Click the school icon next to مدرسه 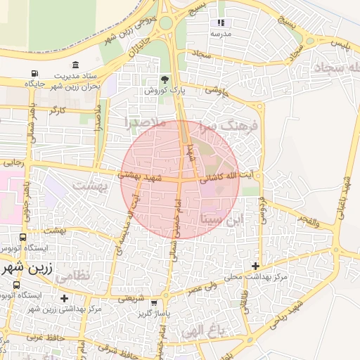(221, 23)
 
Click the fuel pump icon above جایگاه (34, 73)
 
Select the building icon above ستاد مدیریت (75, 65)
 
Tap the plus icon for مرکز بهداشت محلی (256, 266)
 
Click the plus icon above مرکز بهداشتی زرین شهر (65, 298)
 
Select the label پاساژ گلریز (155, 311)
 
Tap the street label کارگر (58, 110)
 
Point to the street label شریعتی (131, 297)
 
